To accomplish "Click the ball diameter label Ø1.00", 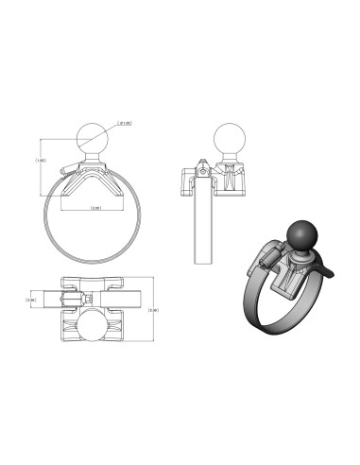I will point(124,122).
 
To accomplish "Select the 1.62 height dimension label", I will point(41,161).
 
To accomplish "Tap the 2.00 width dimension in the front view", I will point(95,208).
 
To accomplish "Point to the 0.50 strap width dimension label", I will point(31,301).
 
